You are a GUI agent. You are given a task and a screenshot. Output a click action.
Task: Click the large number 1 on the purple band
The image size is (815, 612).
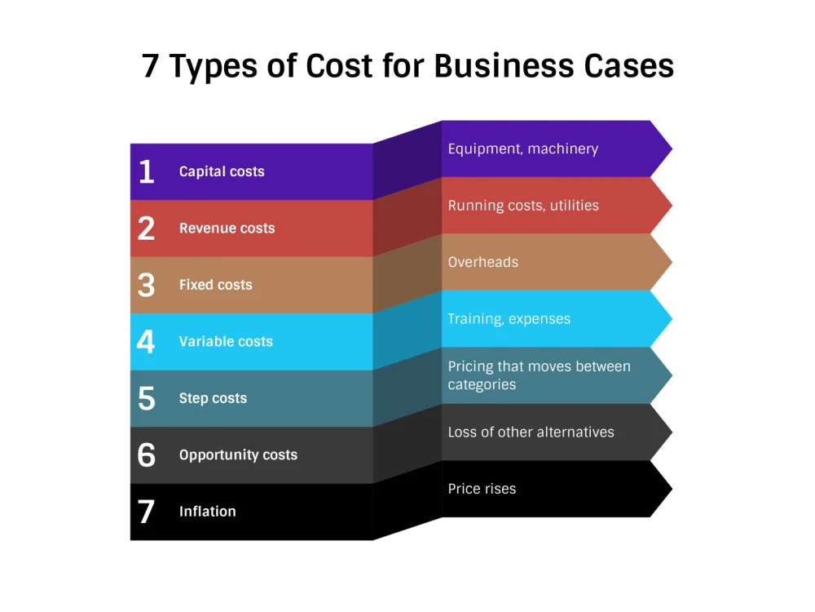(x=147, y=171)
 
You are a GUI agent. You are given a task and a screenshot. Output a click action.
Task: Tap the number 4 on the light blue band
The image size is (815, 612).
(x=146, y=342)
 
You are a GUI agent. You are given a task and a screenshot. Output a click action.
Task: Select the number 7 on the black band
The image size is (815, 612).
(x=146, y=512)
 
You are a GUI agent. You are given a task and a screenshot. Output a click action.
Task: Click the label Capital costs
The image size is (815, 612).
(x=222, y=171)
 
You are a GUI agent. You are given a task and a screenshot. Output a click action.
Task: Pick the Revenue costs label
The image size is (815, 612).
(x=227, y=228)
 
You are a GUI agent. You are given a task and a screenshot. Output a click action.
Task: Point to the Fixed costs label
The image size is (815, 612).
(x=216, y=285)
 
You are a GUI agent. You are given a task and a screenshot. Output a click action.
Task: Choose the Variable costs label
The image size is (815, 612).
(x=226, y=342)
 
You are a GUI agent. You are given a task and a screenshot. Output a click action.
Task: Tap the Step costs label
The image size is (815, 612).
(x=213, y=399)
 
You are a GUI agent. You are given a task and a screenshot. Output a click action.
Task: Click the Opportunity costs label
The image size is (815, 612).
(x=239, y=455)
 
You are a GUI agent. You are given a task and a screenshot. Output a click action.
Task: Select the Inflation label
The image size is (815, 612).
(x=208, y=512)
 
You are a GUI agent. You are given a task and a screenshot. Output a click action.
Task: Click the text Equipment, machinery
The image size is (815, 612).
(x=523, y=149)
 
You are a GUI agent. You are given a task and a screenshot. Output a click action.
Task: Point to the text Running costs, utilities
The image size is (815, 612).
(x=523, y=206)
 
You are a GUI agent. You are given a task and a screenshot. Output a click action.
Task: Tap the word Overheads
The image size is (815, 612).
(x=483, y=262)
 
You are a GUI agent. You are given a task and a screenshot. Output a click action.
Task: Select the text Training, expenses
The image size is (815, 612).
(x=509, y=319)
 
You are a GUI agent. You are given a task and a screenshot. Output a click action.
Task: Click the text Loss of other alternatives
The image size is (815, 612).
(x=531, y=432)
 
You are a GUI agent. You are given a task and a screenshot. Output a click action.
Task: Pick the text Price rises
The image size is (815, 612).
(x=482, y=489)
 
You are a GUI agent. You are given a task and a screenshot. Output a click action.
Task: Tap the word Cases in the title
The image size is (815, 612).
(x=629, y=67)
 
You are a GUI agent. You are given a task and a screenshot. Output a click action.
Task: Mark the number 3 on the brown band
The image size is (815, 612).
(x=147, y=285)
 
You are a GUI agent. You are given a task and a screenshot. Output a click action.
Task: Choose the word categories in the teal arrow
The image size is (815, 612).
(x=482, y=385)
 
